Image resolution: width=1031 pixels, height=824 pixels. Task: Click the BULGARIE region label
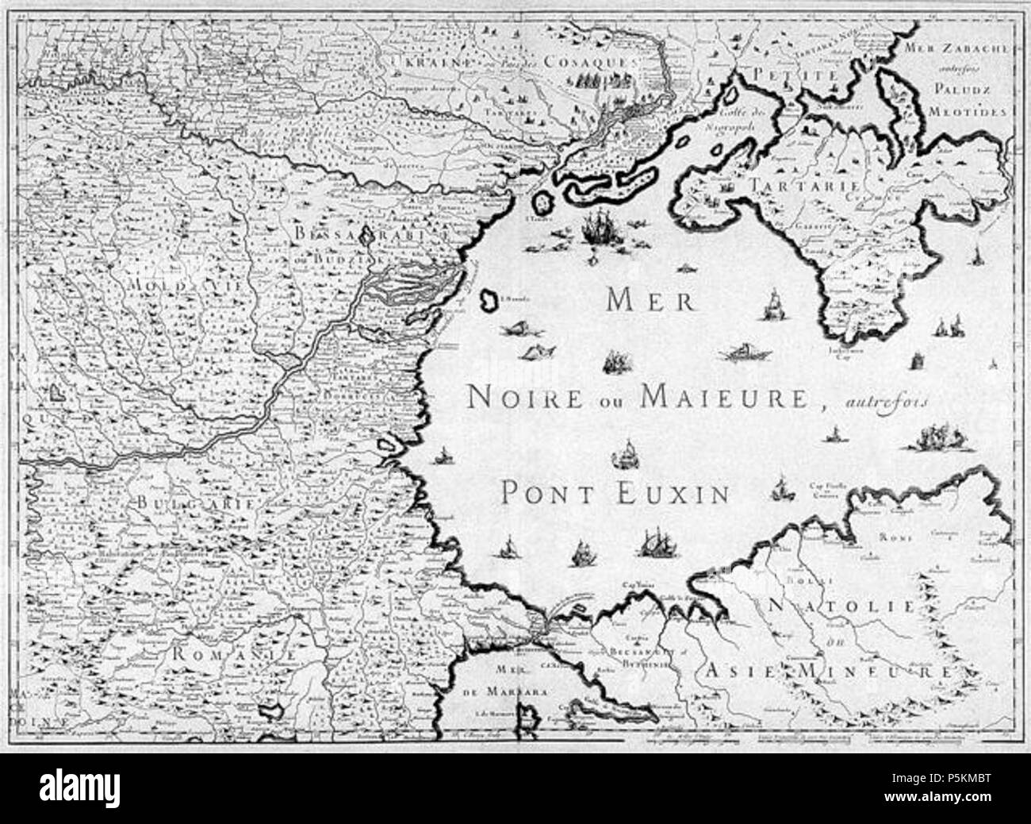(x=194, y=502)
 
